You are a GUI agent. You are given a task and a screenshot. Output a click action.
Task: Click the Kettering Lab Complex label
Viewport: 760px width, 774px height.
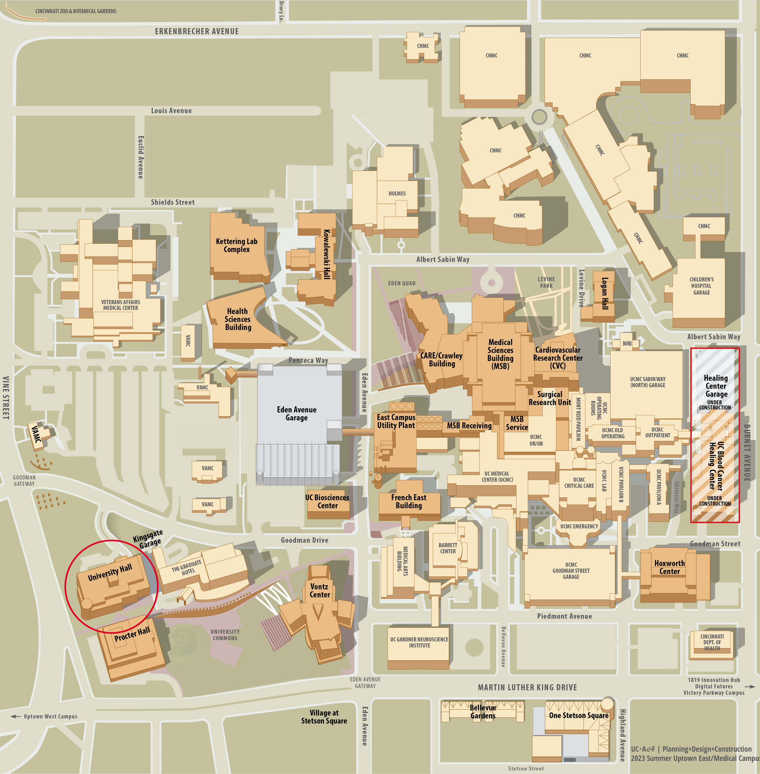(x=236, y=245)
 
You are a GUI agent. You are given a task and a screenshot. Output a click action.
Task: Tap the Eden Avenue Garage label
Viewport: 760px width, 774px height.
(x=296, y=414)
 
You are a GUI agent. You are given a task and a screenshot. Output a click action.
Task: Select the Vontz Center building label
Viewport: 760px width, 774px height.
(x=320, y=590)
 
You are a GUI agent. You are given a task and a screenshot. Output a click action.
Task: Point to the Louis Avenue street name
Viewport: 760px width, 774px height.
(x=171, y=111)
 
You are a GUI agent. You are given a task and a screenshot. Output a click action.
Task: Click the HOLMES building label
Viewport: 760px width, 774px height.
(x=397, y=193)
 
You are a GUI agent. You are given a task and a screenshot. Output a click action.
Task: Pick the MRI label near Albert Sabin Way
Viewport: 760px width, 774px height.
(x=627, y=344)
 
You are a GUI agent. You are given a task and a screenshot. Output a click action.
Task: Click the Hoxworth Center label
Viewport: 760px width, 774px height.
(x=669, y=567)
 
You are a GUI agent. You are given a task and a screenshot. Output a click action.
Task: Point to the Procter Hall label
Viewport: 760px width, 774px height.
(x=132, y=634)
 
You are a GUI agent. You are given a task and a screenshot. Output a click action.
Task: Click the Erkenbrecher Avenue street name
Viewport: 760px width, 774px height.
(x=197, y=31)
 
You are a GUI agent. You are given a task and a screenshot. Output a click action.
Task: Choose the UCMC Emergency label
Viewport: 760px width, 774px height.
(x=579, y=526)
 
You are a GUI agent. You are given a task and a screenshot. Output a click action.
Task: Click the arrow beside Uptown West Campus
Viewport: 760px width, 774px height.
(x=16, y=716)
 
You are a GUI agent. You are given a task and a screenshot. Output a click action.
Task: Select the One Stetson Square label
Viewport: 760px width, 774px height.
(x=578, y=715)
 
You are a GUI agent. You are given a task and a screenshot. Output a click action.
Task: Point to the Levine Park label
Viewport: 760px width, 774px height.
(x=546, y=282)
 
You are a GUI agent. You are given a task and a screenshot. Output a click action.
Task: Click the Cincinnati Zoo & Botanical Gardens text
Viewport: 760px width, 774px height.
(x=76, y=11)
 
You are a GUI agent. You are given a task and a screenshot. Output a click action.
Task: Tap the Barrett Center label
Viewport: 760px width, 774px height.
(x=448, y=548)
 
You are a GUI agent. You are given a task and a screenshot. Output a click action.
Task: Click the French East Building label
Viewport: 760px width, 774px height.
(x=409, y=501)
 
